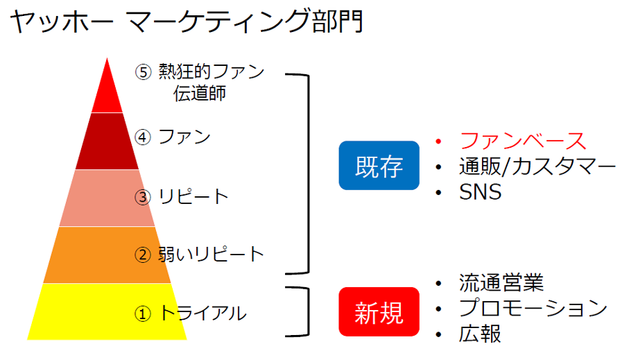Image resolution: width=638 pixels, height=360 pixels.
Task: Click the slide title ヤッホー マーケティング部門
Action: click(187, 21)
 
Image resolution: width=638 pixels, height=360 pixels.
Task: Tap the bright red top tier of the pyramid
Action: click(107, 92)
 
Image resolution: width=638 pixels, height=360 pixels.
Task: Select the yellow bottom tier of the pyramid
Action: click(107, 312)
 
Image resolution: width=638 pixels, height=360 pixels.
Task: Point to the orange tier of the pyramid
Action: click(107, 255)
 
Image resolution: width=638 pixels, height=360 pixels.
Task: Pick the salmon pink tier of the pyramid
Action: click(107, 198)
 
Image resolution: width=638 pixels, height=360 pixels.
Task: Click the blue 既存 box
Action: click(379, 166)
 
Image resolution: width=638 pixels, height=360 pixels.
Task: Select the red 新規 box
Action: click(379, 312)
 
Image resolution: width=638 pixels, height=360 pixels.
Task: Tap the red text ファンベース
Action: click(523, 141)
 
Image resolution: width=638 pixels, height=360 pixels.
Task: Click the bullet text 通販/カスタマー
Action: click(537, 166)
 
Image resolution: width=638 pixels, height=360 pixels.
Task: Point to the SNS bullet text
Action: click(480, 192)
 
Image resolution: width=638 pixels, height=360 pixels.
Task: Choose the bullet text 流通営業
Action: click(501, 283)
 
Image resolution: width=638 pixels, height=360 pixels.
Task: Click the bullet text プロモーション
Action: click(533, 308)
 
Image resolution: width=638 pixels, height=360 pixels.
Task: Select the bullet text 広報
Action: click(480, 334)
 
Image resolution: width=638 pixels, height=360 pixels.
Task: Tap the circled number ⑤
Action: click(144, 72)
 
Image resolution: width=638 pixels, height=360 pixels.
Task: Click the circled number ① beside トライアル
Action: click(143, 314)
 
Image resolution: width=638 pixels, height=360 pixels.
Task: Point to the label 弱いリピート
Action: click(212, 255)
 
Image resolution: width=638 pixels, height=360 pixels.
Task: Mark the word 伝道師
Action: click(200, 93)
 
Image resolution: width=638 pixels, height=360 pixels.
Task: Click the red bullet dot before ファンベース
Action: click(438, 141)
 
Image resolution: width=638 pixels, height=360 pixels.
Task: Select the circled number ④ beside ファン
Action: click(143, 137)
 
